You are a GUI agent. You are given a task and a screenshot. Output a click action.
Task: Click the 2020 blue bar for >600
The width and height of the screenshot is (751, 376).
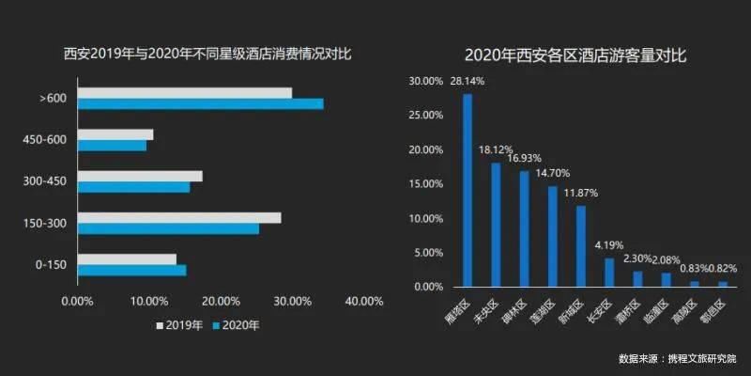200,103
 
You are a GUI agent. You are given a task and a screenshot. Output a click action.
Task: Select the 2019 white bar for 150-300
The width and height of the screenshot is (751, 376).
178,218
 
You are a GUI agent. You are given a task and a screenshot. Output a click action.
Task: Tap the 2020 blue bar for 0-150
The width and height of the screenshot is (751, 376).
131,271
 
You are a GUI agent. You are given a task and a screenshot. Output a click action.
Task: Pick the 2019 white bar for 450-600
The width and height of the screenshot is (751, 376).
115,134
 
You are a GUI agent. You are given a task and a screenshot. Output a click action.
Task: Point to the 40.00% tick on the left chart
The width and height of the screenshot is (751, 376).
364,303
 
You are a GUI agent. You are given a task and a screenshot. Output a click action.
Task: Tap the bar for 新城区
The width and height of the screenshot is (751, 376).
580,245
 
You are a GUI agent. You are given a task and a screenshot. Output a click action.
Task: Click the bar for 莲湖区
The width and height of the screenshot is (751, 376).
553,236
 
